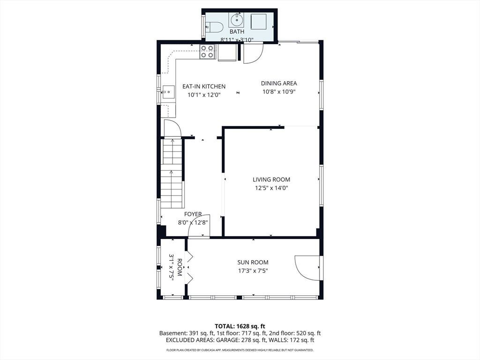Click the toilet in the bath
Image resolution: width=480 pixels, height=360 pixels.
tap(214, 28)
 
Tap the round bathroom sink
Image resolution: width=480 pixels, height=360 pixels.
tap(237, 20)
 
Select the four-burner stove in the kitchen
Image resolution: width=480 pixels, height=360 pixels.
tap(207, 52)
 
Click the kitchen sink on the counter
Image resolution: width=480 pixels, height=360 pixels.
tap(168, 92)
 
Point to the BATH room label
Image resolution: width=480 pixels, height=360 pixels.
tap(237, 31)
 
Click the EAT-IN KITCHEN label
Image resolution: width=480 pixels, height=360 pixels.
tap(204, 87)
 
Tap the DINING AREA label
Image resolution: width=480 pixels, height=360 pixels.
tap(279, 83)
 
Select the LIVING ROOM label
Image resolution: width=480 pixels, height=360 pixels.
tap(271, 180)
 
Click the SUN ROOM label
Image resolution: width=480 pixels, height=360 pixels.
tap(253, 262)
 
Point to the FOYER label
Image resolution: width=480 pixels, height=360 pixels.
tap(193, 214)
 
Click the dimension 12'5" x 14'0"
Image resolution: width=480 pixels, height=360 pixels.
tap(271, 188)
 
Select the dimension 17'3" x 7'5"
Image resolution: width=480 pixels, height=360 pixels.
tap(253, 270)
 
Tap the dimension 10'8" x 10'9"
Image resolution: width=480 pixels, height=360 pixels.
tap(279, 91)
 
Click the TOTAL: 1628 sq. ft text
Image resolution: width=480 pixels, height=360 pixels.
tap(238, 326)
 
